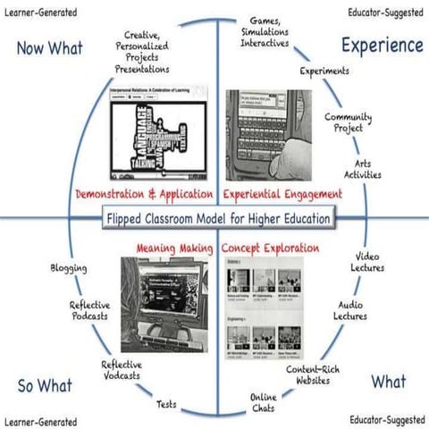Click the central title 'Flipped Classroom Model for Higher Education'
pyautogui.click(x=218, y=218)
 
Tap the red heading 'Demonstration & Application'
pyautogui.click(x=144, y=193)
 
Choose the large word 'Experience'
pyautogui.click(x=380, y=44)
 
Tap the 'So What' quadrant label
pyautogui.click(x=46, y=385)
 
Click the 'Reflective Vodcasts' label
pyautogui.click(x=121, y=370)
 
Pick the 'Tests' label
pyautogui.click(x=166, y=405)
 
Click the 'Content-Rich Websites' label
pyautogui.click(x=309, y=374)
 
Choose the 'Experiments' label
pyautogui.click(x=324, y=71)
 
